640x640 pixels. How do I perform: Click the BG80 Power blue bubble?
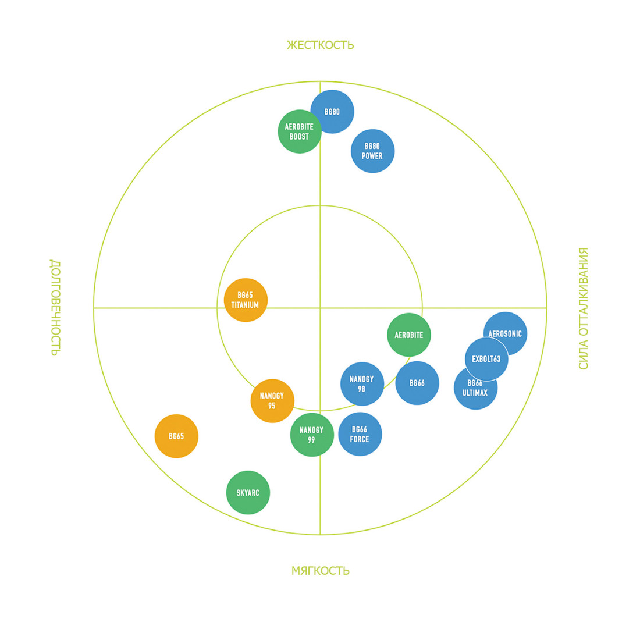[x=372, y=151]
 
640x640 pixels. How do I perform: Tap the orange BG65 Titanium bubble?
[x=246, y=300]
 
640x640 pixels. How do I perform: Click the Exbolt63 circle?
[x=486, y=359]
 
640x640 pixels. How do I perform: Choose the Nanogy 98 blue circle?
[x=362, y=384]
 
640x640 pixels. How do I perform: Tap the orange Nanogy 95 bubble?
[x=272, y=401]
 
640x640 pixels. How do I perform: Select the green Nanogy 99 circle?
[x=312, y=435]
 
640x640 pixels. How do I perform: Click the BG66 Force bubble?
[x=360, y=435]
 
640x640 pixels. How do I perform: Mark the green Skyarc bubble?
[x=248, y=493]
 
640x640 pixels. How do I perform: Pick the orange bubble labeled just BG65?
[x=176, y=436]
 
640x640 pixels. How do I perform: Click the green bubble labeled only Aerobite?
[x=409, y=335]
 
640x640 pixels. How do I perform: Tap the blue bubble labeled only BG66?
[x=417, y=383]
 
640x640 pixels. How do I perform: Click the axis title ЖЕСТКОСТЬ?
[x=320, y=45]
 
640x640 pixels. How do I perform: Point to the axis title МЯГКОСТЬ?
[x=320, y=571]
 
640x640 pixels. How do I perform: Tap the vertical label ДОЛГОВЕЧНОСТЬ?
[x=54, y=307]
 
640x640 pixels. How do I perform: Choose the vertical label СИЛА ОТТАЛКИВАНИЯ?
[x=584, y=308]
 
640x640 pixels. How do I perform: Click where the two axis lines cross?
[x=320, y=308]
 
